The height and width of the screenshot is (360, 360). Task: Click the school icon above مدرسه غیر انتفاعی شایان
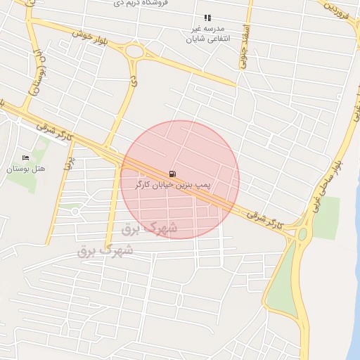click(207, 18)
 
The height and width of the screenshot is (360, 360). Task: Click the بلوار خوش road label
click(89, 35)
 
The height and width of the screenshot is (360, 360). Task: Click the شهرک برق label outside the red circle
click(106, 250)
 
